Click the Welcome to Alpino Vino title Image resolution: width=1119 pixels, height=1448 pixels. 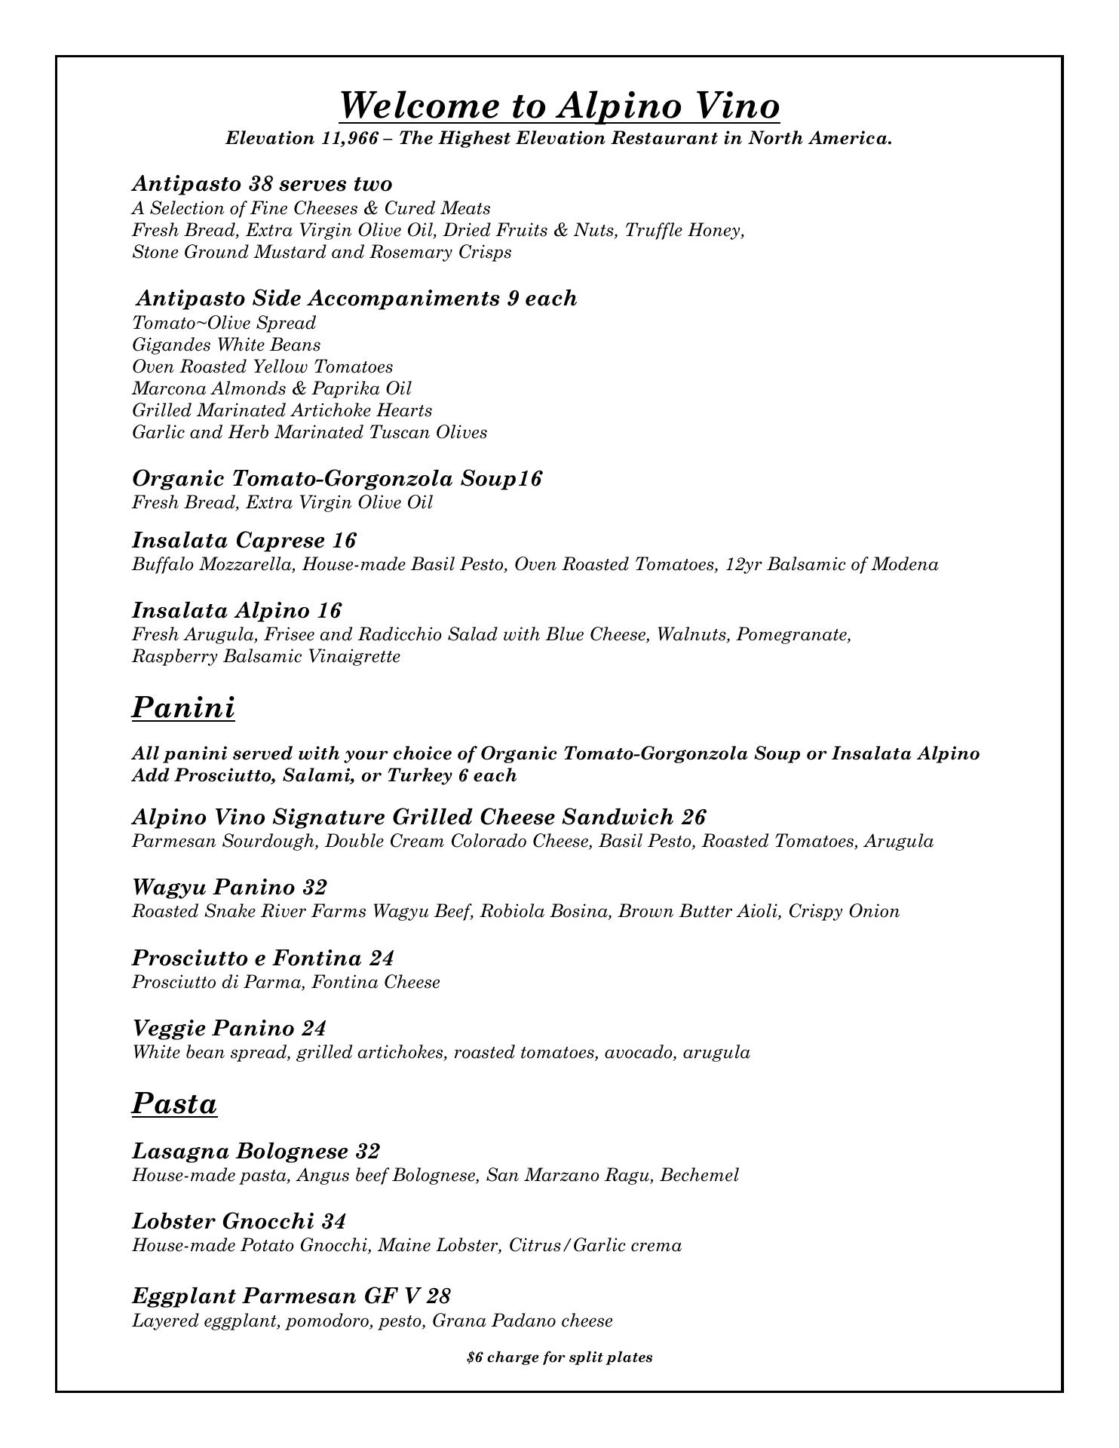pos(559,105)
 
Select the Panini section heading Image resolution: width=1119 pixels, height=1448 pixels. pos(183,707)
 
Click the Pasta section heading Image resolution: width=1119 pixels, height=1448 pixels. pos(174,1103)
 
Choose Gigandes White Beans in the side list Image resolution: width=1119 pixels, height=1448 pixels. pos(226,345)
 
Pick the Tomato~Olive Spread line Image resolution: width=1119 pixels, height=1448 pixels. pos(224,324)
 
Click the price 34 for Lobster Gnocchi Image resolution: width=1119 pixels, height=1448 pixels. pos(334,1222)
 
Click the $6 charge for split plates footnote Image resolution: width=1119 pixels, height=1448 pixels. pos(559,1357)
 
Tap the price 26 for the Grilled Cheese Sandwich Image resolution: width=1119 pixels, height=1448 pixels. pos(693,818)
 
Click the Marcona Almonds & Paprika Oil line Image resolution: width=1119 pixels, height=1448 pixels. pos(271,389)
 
